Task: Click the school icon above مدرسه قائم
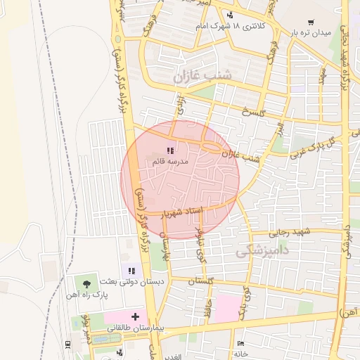coord(169,150)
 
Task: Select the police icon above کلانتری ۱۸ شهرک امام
coord(230,15)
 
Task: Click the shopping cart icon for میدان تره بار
coord(311,22)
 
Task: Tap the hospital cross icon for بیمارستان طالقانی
coord(135,316)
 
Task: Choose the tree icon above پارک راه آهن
coord(87,283)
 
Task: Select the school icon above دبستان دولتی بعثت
coord(130,270)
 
